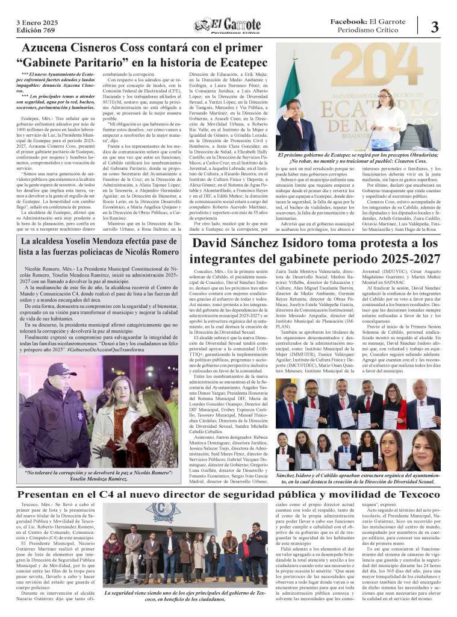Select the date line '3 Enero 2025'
(37, 22)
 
